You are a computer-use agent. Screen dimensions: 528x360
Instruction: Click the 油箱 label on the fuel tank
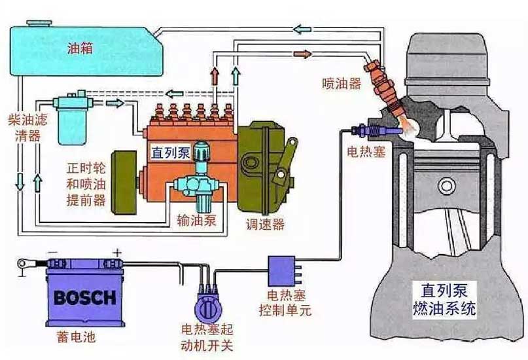tap(80, 48)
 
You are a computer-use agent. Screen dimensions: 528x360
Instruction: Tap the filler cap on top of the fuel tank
tap(39, 24)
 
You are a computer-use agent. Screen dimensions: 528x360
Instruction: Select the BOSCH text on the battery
tap(85, 298)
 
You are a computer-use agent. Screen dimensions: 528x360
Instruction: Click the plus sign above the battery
tap(117, 252)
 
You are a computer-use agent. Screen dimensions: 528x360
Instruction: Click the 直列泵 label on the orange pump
tap(171, 153)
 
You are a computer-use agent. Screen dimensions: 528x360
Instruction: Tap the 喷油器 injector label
tap(342, 84)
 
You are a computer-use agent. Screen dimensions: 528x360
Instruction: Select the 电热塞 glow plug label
tap(366, 152)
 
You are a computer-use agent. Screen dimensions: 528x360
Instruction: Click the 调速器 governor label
tap(266, 224)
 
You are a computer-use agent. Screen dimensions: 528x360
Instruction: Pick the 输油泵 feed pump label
tap(197, 221)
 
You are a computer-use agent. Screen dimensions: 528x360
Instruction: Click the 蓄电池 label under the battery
tap(77, 336)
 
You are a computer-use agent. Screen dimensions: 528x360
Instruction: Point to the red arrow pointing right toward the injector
tap(302, 54)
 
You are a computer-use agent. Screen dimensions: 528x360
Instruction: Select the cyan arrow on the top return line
tap(302, 29)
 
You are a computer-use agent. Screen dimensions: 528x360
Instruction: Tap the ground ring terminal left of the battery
tap(22, 263)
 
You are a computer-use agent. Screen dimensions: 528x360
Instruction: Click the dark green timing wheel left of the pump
tap(124, 183)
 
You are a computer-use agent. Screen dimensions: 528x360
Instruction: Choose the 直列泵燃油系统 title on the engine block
tap(444, 299)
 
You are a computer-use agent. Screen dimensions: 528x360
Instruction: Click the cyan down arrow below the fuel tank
tap(20, 182)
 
